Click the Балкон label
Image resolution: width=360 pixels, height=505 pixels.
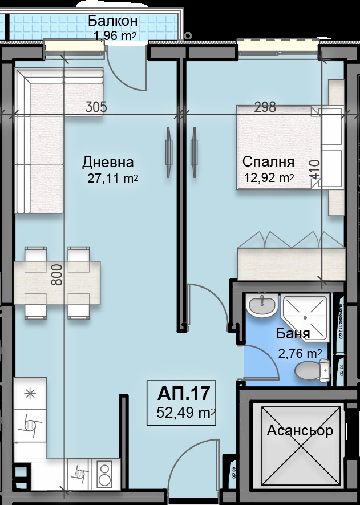point(112,21)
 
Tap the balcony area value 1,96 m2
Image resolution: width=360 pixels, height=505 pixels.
point(115,36)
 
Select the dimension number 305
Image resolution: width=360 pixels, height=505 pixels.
point(96,106)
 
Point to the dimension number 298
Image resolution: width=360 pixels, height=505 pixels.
point(264,106)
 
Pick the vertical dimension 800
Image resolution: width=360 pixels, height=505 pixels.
point(56,274)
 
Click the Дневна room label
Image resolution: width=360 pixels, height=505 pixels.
point(108,162)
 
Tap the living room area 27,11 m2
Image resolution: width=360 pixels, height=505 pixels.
point(112,178)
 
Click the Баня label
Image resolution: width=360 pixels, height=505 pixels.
point(293,334)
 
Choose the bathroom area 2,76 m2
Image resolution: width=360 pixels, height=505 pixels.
point(300,354)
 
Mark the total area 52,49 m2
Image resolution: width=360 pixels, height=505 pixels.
point(185,412)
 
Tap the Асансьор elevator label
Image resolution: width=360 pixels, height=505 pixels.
point(300,430)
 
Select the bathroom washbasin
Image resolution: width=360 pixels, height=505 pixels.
point(263,305)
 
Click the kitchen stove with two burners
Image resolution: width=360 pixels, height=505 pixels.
point(105,474)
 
